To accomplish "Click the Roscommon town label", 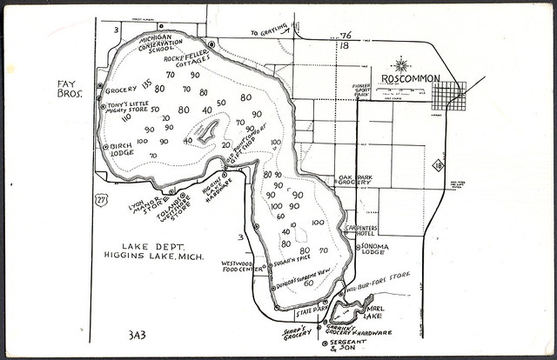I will click(413, 77).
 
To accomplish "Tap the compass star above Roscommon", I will click(401, 63).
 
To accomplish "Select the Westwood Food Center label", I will click(243, 266).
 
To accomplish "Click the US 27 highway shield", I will click(102, 199).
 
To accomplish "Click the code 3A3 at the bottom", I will click(138, 334).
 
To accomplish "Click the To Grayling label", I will click(269, 33).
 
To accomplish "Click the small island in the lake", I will click(209, 131).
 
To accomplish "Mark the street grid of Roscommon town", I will click(448, 95).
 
